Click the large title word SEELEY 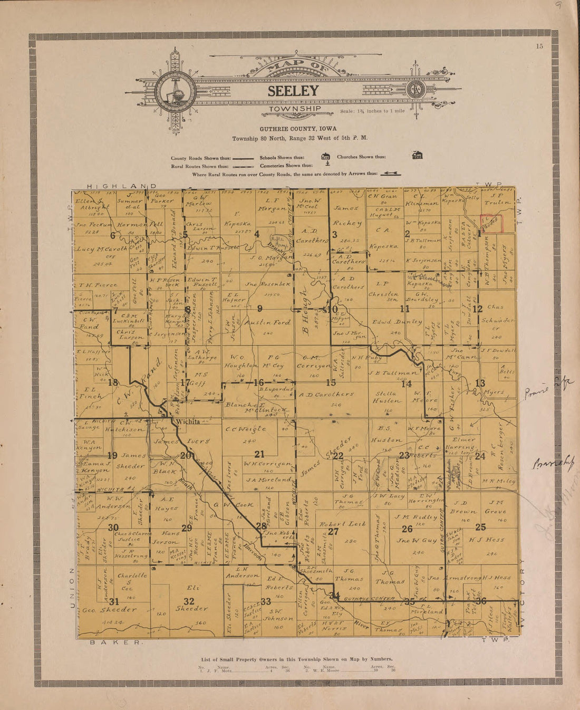coord(293,91)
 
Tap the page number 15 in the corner coord(539,46)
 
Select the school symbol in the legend coord(325,156)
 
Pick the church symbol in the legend coord(417,155)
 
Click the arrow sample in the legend coord(390,174)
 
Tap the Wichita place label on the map coord(188,421)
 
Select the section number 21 coord(259,454)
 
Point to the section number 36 coord(480,601)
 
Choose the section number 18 coord(112,383)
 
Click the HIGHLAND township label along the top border coord(121,186)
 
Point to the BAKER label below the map coord(116,642)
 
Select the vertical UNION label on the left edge coord(72,588)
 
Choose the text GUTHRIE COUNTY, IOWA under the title coord(298,129)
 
